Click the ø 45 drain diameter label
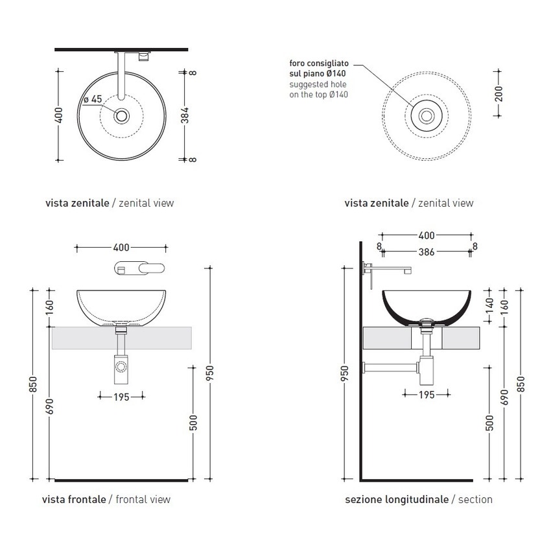coord(94,99)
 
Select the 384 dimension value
coord(185,115)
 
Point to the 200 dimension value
coord(498,94)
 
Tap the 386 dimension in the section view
coord(427,252)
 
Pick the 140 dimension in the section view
coord(489,303)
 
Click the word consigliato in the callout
coord(329,64)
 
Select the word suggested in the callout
coord(308,85)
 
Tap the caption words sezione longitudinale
coord(397,499)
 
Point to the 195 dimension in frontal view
coord(121,396)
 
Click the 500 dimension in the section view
coord(489,423)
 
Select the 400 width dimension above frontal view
coord(121,247)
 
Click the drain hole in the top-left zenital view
coord(121,116)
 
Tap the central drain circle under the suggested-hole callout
coord(427,116)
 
